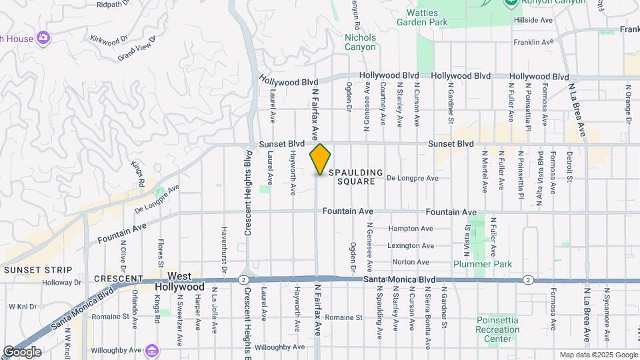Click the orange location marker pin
coord(320,159)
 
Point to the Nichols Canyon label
coord(361,42)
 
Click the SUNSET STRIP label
coord(37,269)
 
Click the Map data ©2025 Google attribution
coord(598,355)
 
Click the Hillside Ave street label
coord(533,21)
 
